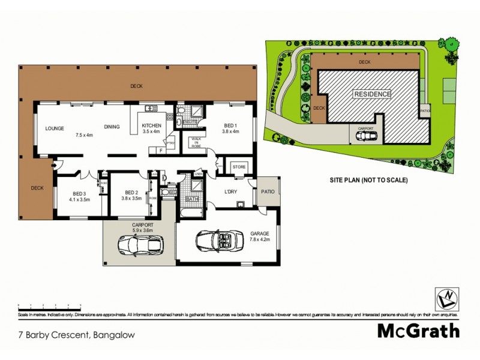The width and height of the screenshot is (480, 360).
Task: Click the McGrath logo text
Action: click(418, 331)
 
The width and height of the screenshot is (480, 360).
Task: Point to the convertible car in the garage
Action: click(223, 242)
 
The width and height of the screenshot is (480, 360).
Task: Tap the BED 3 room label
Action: click(79, 193)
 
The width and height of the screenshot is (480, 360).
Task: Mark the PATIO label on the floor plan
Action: click(268, 193)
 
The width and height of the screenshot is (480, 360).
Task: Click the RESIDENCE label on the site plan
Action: click(372, 94)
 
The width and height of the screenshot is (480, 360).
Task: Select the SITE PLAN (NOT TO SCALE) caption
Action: click(368, 179)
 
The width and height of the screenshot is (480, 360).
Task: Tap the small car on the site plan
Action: click(366, 136)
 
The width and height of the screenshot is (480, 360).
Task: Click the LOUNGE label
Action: click(55, 128)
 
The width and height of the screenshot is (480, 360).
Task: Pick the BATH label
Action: click(191, 199)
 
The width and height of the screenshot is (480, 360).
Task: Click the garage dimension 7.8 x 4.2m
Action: click(260, 239)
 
